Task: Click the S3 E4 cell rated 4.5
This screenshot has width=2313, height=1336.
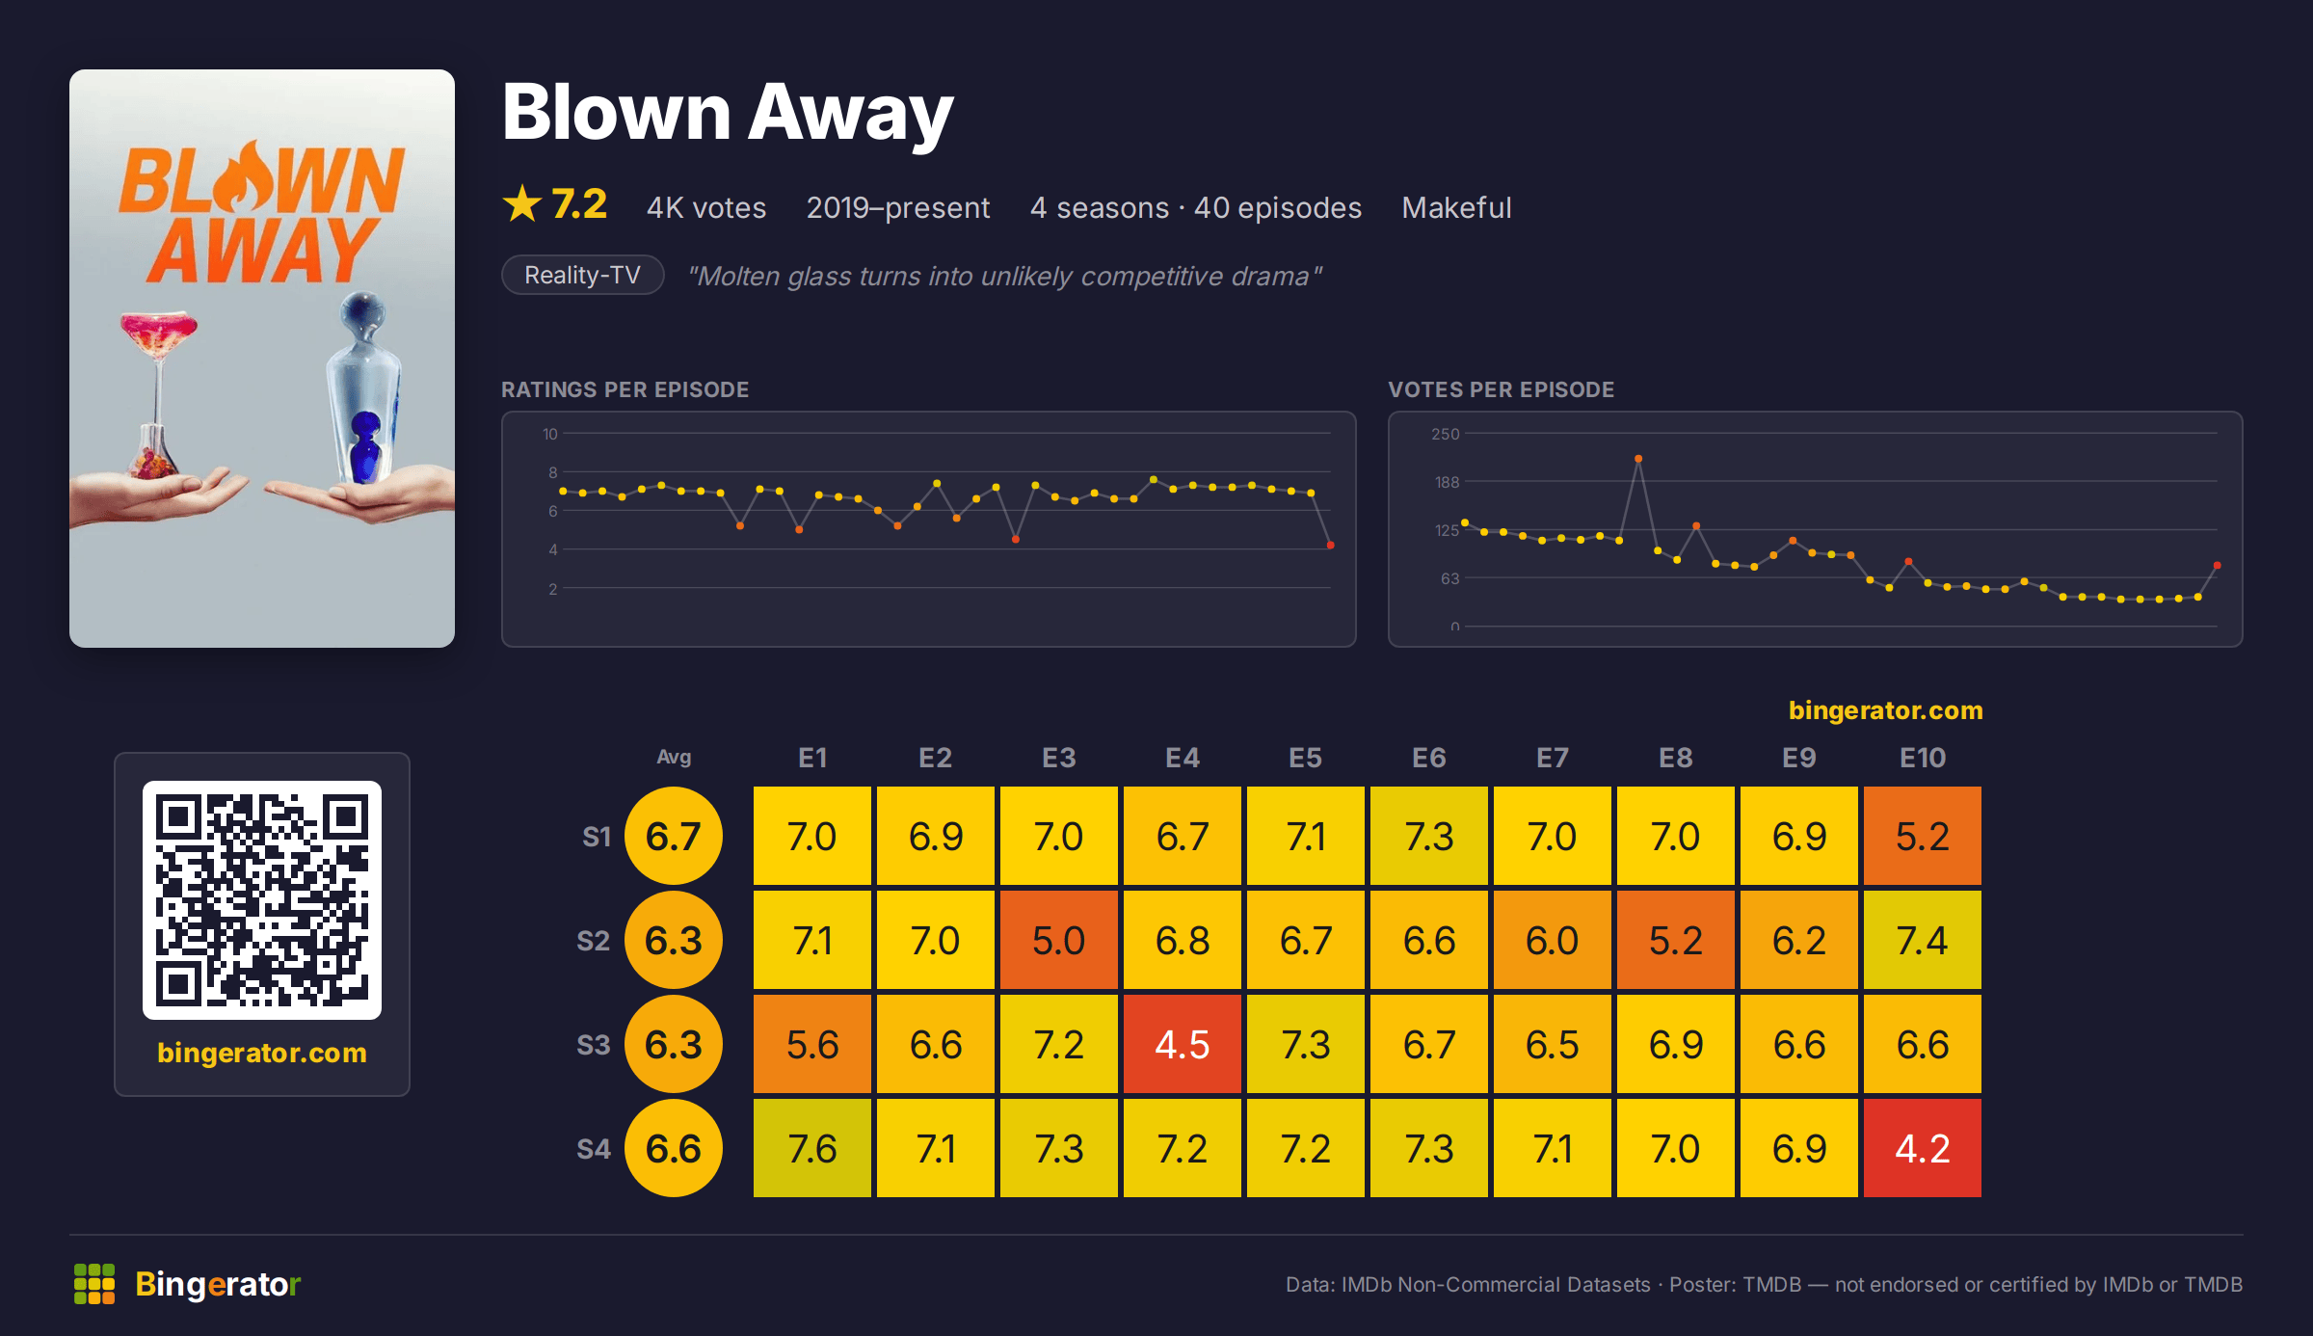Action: coord(1183,1044)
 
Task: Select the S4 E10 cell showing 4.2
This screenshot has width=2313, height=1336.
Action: coord(1923,1148)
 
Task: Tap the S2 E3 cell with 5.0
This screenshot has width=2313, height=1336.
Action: coord(1059,940)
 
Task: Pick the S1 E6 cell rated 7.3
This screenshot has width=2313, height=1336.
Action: coord(1429,836)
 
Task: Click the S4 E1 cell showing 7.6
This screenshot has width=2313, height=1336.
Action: coord(812,1148)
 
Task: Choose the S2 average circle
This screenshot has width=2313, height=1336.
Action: coord(674,940)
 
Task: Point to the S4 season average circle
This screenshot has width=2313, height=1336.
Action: coord(674,1148)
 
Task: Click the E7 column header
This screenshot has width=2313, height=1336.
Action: coord(1553,758)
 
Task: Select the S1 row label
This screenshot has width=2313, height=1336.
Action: coord(597,837)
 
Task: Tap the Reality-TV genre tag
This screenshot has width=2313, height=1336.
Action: coord(583,275)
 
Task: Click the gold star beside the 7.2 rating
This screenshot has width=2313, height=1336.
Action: coord(522,203)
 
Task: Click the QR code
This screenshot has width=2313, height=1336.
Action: coord(262,900)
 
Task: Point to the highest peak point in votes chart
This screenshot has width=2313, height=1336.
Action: coord(1638,459)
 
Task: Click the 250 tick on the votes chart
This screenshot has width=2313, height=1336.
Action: coord(1446,434)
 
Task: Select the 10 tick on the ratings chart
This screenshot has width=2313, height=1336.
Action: coord(550,434)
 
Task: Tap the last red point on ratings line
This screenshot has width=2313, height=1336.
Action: coord(1331,546)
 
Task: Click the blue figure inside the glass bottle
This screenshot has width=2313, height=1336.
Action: coord(365,445)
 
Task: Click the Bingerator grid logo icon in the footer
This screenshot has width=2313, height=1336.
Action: coord(94,1284)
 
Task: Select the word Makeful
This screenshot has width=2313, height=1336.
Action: coord(1456,207)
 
